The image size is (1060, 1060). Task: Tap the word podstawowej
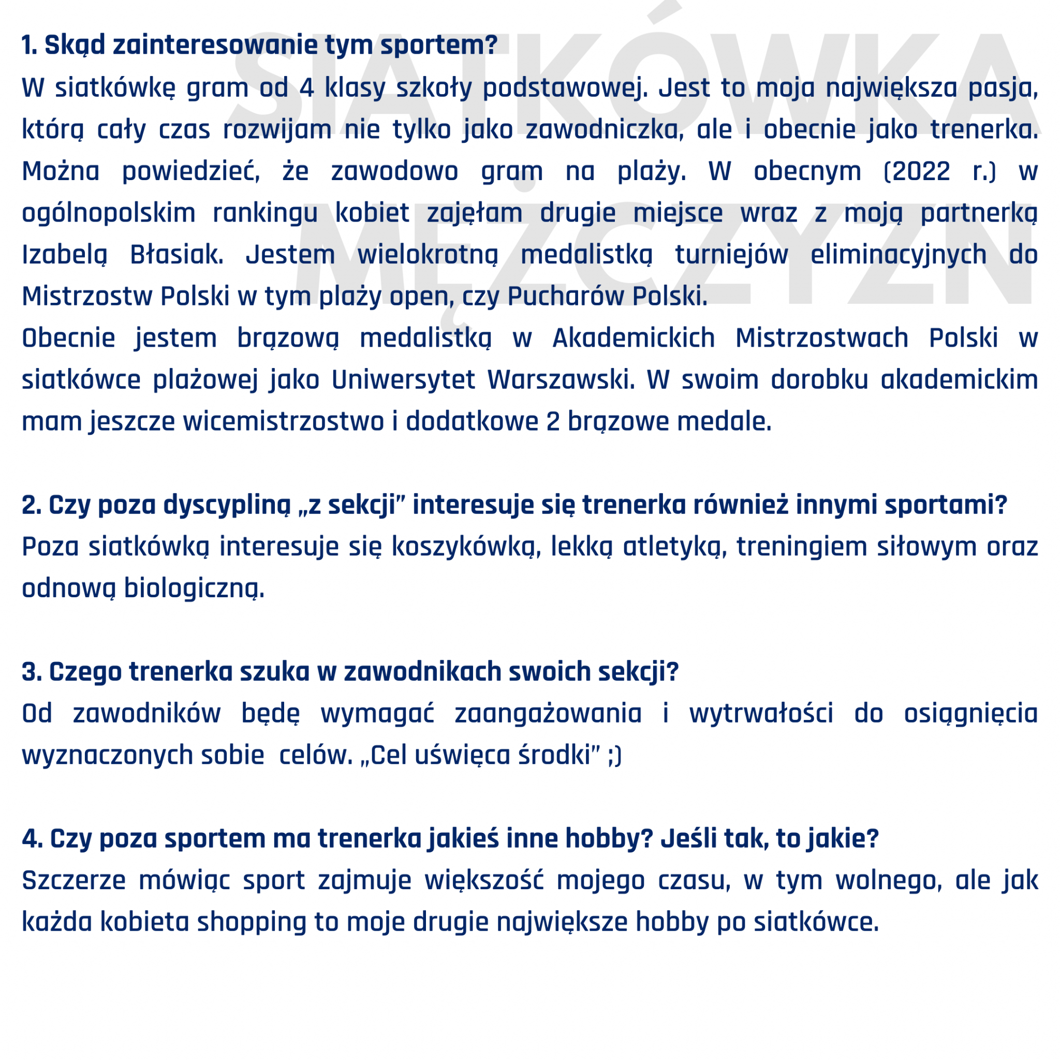point(565,88)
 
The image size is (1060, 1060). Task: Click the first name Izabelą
point(64,255)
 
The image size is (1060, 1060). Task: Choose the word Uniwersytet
point(403,380)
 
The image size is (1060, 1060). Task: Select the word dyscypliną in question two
point(227,505)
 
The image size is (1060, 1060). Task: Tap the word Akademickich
point(634,338)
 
